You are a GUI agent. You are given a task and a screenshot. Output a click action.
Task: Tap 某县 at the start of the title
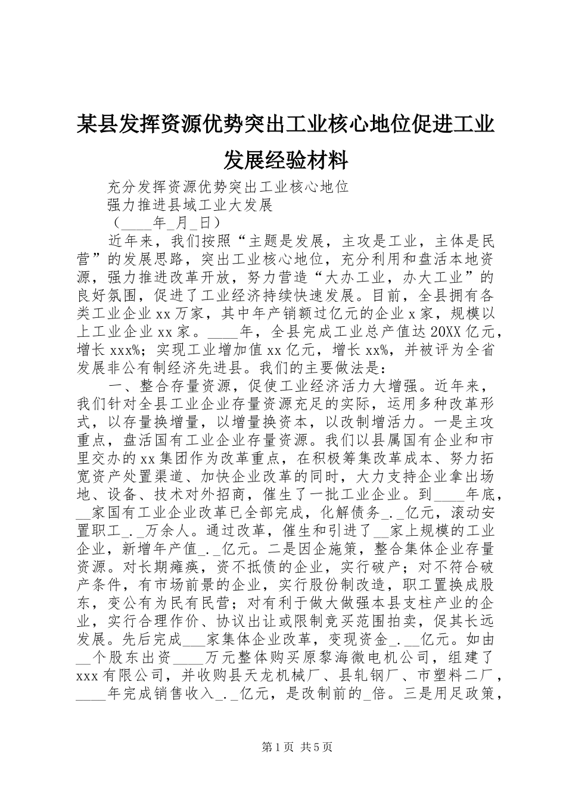92,110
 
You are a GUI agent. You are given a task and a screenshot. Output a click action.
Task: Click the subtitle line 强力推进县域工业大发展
189,205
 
